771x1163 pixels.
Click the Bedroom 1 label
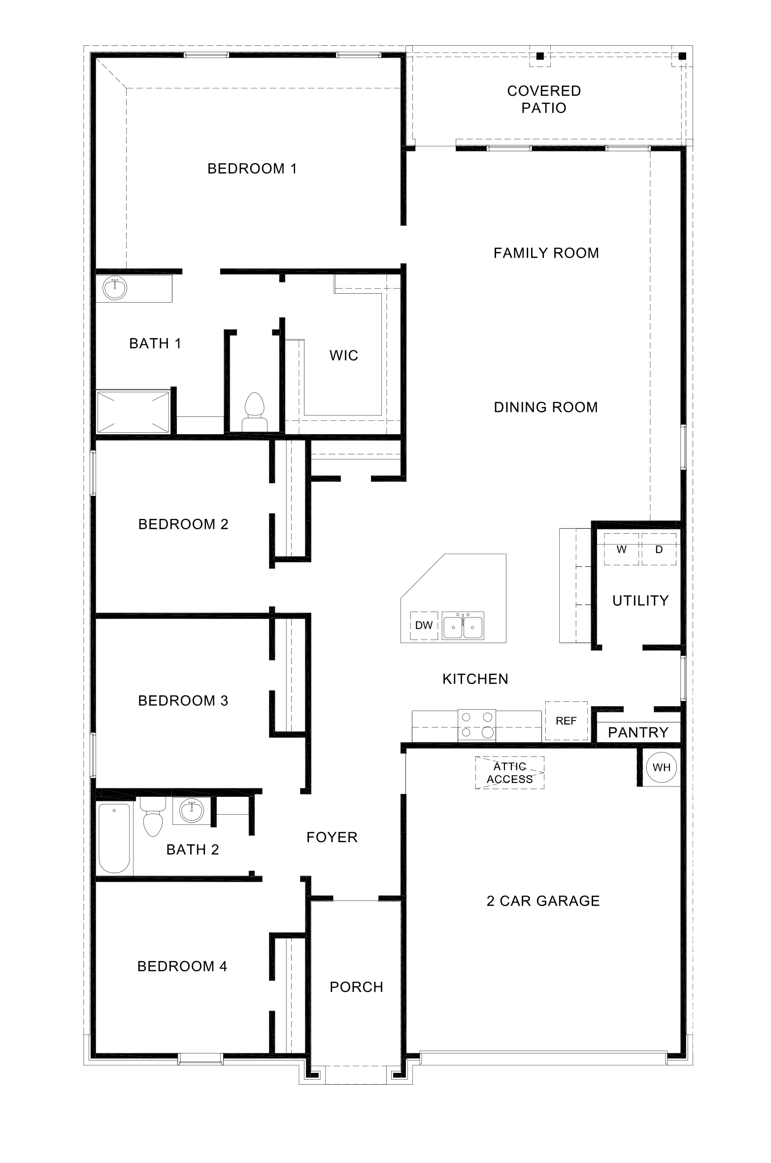[x=252, y=169]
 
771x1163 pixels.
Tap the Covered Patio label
[x=544, y=99]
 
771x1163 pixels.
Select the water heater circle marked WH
[x=661, y=767]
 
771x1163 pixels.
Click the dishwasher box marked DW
[x=424, y=625]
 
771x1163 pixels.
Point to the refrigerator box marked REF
[x=566, y=720]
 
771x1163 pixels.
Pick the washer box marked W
[x=621, y=549]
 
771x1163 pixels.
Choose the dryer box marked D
[x=659, y=549]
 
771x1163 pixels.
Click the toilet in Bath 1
[x=254, y=412]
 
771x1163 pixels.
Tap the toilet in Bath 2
[x=153, y=817]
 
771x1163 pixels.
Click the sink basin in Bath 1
[x=115, y=287]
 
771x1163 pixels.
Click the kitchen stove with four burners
[x=477, y=725]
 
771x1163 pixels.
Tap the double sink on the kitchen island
[x=463, y=626]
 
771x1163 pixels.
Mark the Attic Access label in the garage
[x=509, y=773]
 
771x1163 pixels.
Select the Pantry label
[x=638, y=732]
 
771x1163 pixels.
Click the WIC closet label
[x=343, y=355]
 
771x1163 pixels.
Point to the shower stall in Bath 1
[x=133, y=412]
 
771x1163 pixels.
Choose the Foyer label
[x=332, y=837]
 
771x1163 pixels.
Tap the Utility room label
[x=640, y=600]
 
